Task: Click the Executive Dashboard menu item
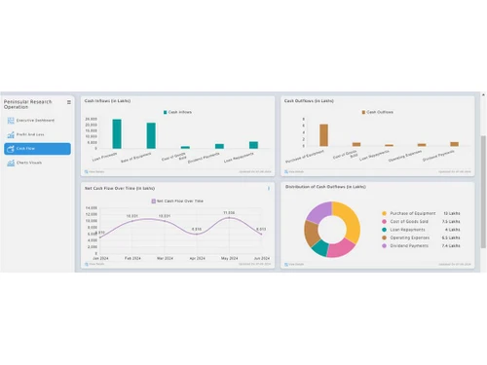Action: tap(35, 120)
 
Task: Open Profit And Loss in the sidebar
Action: tap(33, 134)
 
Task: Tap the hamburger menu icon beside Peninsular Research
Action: tap(68, 102)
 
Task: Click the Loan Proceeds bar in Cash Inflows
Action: tap(117, 133)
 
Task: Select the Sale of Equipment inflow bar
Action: tap(151, 135)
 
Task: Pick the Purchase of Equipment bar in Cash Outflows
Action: tap(323, 134)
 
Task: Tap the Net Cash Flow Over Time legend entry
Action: tap(175, 199)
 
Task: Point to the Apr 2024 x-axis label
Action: tap(197, 258)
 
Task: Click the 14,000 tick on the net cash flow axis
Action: tap(92, 207)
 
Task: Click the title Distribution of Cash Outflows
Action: tap(325, 186)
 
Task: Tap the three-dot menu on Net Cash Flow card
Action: tap(269, 188)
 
